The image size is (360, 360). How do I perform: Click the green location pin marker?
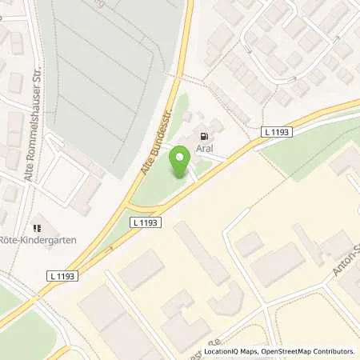[180, 163]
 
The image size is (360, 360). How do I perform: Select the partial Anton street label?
[346, 265]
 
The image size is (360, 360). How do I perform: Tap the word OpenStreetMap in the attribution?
[286, 351]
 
